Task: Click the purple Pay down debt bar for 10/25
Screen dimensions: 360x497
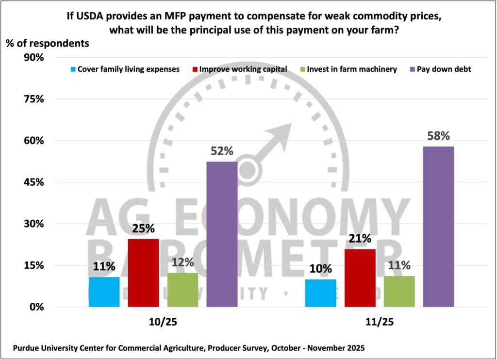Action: (222, 234)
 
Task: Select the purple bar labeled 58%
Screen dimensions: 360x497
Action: (439, 226)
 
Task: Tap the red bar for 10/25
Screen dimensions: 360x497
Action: (143, 273)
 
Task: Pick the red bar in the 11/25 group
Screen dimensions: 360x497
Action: (360, 278)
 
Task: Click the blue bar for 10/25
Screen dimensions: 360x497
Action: (104, 292)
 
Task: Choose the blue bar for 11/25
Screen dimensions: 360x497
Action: (320, 293)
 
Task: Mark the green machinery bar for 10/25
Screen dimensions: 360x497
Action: (182, 290)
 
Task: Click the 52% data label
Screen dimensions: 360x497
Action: (222, 151)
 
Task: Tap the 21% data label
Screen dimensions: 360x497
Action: (360, 238)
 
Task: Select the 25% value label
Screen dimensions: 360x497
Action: (143, 229)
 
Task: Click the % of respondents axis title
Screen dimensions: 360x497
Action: (48, 43)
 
